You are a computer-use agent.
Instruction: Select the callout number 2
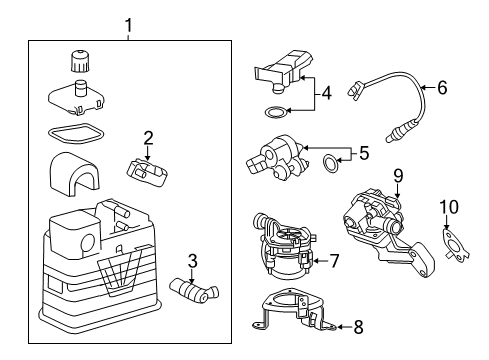147,137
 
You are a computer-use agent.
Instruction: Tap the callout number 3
192,262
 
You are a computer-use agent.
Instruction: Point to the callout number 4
325,96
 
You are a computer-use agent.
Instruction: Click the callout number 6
441,88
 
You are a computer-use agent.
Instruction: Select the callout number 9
397,176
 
